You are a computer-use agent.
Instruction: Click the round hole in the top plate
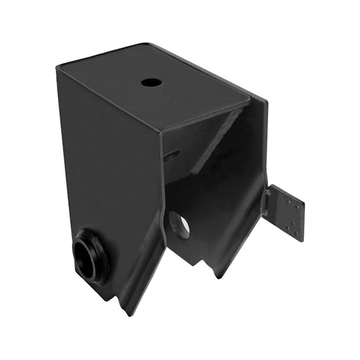(152, 82)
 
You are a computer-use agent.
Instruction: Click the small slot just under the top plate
(172, 155)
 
